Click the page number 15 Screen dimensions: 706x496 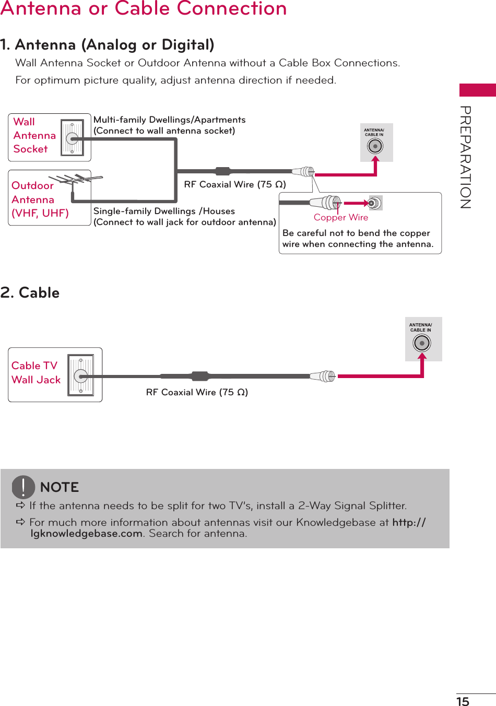tap(463, 701)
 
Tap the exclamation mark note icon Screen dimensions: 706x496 tap(23, 487)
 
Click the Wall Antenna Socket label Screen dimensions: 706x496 tap(34, 136)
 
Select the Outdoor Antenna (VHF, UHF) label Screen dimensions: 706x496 tap(40, 199)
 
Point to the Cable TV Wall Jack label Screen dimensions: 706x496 tap(36, 373)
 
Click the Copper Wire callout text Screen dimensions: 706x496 tap(341, 218)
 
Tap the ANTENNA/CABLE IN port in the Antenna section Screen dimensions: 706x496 tap(375, 146)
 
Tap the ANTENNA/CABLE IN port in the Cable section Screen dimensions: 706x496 tap(422, 343)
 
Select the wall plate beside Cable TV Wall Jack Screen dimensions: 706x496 tap(81, 375)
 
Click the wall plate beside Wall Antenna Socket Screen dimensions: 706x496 tap(72, 138)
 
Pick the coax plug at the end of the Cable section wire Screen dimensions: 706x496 tap(323, 376)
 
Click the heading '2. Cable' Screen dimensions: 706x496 tap(30, 293)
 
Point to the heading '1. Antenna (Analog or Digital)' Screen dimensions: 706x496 tap(108, 45)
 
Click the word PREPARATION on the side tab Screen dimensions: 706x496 tap(465, 157)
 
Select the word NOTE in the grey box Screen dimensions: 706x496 tap(60, 487)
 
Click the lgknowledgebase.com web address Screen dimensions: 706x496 tap(87, 534)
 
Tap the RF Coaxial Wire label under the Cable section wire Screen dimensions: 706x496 tap(197, 392)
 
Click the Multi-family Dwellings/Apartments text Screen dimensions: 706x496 tap(169, 120)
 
